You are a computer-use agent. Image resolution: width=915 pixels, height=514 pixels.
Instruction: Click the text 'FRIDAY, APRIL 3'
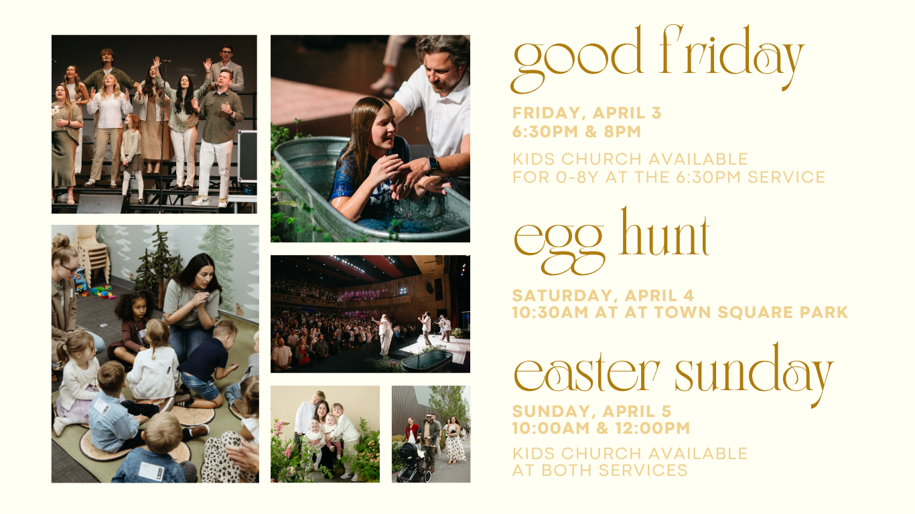pos(587,113)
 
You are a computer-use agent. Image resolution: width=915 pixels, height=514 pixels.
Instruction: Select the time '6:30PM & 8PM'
pos(577,131)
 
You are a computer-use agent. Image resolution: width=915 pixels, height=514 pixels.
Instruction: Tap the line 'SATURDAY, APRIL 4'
pos(603,295)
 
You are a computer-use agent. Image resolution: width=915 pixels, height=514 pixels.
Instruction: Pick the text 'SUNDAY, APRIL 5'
pos(591,411)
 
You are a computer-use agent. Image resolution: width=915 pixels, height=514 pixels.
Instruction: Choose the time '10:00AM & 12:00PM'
pos(601,428)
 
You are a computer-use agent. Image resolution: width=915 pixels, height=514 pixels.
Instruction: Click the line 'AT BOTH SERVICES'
pos(600,470)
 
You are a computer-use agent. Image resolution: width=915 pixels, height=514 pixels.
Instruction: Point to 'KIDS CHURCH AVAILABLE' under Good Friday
pos(630,159)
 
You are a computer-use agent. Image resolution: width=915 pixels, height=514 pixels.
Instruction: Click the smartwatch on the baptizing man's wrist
pos(433,163)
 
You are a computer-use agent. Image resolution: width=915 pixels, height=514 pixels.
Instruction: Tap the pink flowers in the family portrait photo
pos(280,435)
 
